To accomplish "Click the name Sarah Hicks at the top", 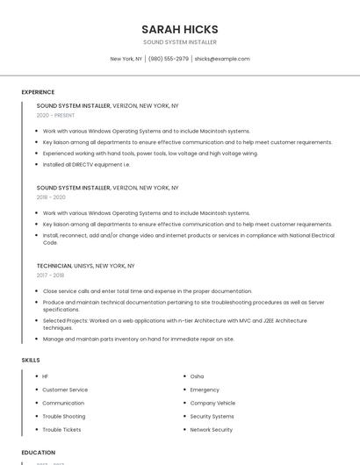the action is (179, 29).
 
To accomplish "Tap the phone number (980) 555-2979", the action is (168, 59).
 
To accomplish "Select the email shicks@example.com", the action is (222, 59).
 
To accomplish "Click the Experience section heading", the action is (38, 92).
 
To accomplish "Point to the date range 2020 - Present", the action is (55, 115).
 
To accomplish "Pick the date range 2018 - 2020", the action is (51, 197).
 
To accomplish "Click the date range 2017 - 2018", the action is (51, 275).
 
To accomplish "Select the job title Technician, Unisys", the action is (85, 265).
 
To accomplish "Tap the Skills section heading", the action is (31, 360).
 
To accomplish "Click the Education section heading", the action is (39, 453).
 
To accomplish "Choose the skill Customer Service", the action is (65, 390).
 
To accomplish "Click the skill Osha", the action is (197, 376).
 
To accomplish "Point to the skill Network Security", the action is (211, 430).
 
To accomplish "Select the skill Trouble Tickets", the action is (61, 430).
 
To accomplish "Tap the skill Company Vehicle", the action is (212, 403).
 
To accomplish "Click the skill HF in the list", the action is (46, 376).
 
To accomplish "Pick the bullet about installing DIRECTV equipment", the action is (86, 164).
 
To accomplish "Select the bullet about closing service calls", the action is (147, 290).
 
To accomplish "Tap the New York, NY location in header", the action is (126, 59).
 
